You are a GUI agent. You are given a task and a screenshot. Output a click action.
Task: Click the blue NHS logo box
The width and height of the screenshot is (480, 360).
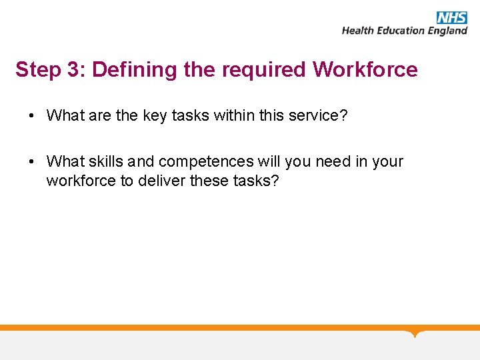451,17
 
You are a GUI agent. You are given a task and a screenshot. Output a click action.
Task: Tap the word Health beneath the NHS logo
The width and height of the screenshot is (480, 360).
360,31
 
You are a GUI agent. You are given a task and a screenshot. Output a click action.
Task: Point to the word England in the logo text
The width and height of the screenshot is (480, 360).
448,31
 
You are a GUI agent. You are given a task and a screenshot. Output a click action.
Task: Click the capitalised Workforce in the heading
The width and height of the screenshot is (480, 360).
365,70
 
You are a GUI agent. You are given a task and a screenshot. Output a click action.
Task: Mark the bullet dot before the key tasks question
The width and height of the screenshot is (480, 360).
32,116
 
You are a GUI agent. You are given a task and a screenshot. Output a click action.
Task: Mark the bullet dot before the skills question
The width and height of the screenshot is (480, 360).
32,162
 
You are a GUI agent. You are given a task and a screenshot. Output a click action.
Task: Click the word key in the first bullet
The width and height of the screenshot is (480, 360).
155,116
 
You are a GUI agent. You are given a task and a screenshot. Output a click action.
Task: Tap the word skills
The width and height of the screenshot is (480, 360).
105,161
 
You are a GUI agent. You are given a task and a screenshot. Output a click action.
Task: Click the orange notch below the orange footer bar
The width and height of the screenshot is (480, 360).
415,333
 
